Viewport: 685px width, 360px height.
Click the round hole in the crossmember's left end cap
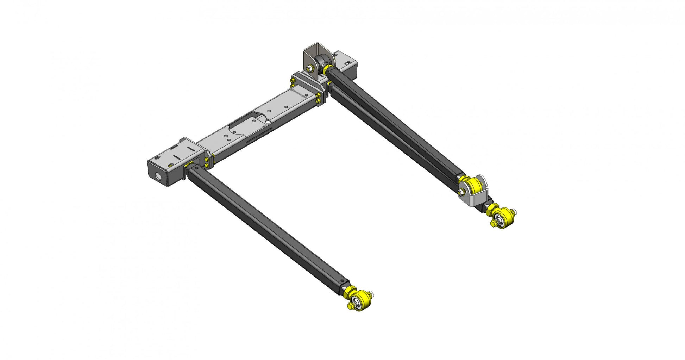point(160,176)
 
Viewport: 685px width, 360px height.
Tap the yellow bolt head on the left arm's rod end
point(350,306)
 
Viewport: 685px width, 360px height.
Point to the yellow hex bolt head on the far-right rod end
point(494,223)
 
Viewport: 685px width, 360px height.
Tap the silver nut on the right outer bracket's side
point(461,192)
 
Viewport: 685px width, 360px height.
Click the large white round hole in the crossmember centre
point(268,122)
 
